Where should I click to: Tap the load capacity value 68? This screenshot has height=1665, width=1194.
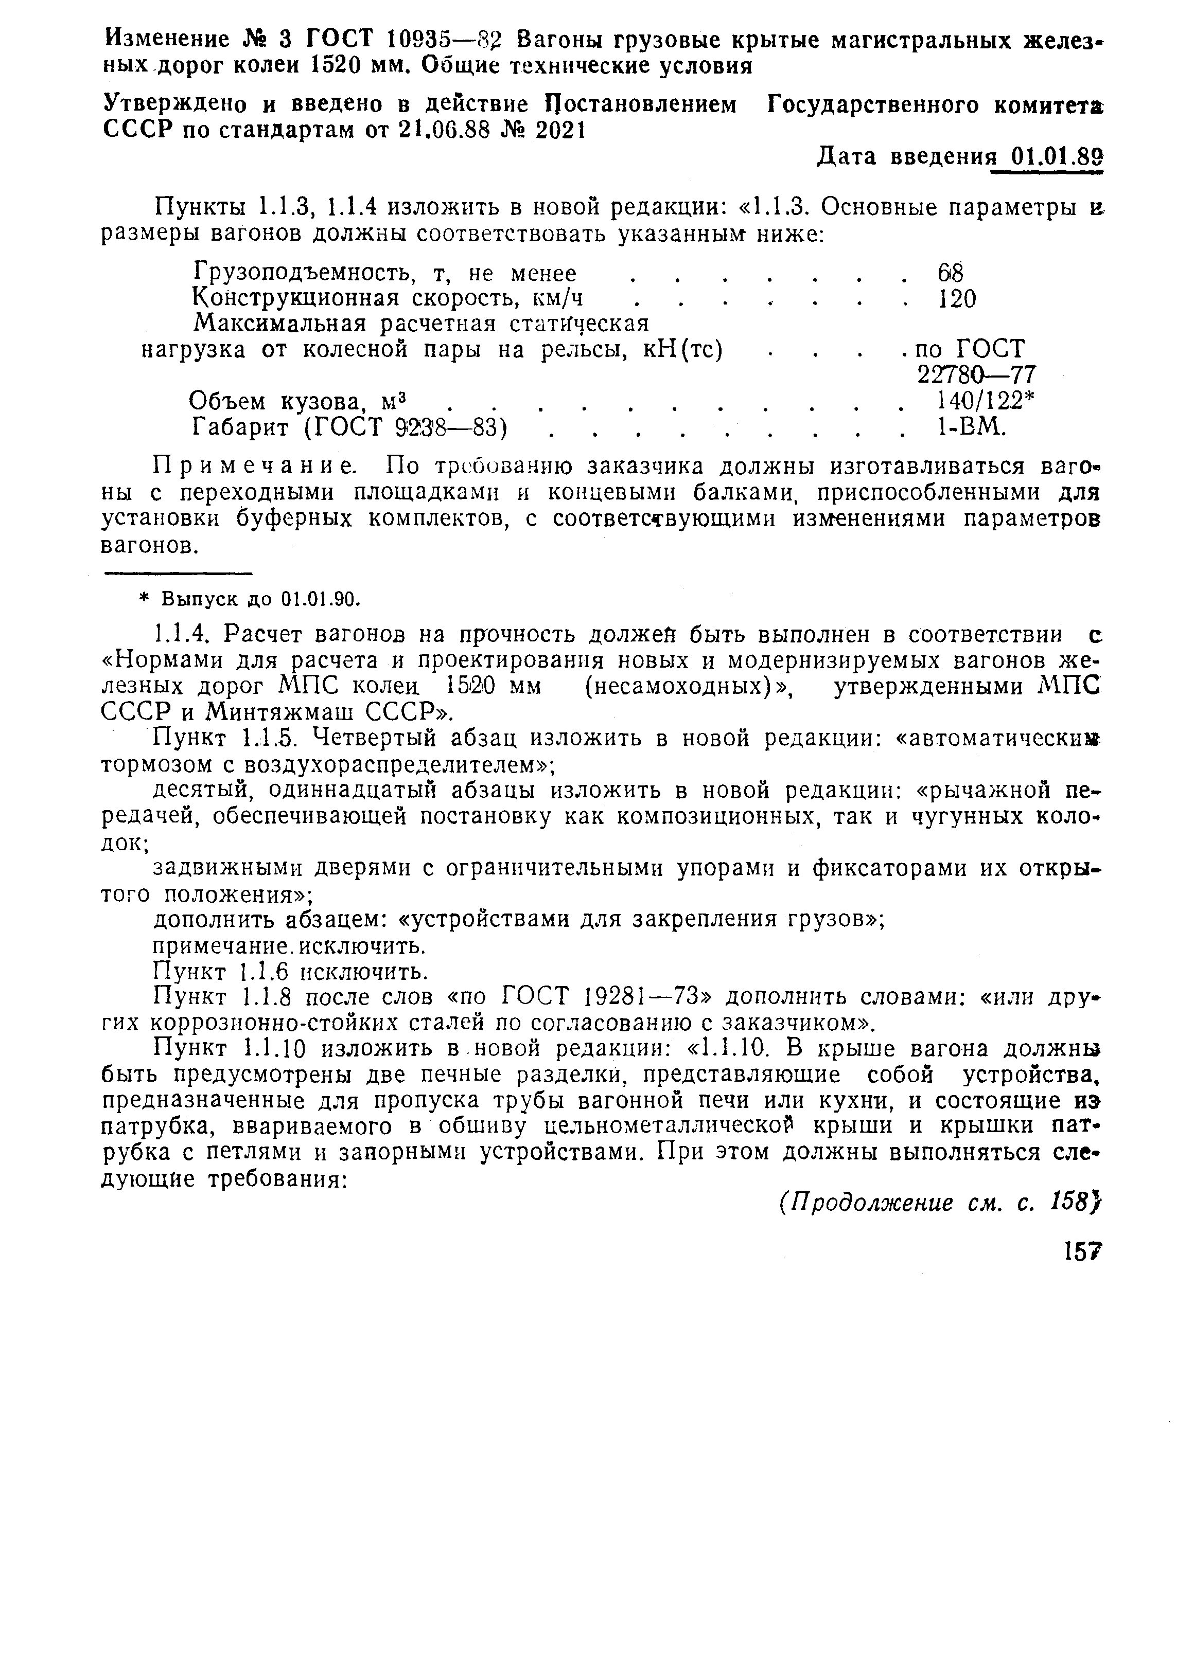coord(950,274)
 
